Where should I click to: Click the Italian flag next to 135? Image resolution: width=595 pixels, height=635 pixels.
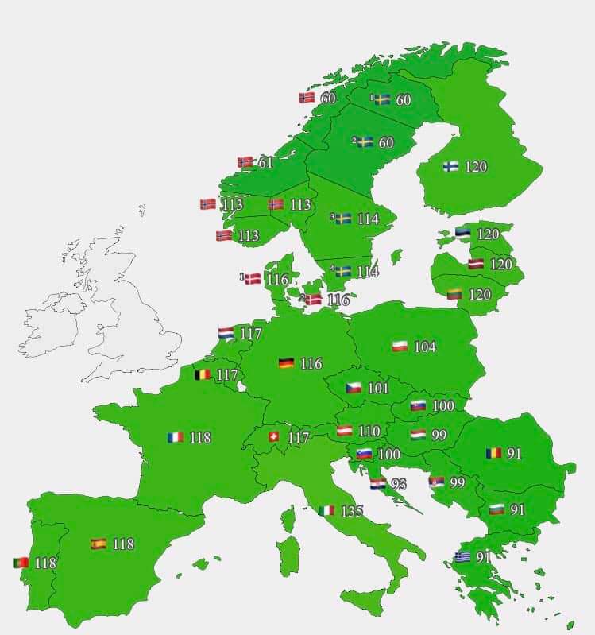[326, 510]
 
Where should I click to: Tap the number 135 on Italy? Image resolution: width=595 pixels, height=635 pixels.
[351, 510]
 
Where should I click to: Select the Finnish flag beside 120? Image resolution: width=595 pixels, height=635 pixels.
[450, 166]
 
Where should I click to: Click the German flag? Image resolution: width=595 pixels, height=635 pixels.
[286, 363]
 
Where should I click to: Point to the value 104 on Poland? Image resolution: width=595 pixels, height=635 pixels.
[425, 347]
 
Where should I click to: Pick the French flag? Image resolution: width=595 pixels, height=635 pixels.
[176, 437]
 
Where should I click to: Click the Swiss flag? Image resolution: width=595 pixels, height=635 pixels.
[274, 437]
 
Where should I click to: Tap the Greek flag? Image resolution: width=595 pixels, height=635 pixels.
[462, 557]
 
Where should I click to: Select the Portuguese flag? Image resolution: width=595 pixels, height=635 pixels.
[21, 563]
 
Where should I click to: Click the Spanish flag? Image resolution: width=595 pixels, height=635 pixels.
[99, 544]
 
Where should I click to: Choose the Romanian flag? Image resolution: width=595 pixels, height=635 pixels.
[494, 454]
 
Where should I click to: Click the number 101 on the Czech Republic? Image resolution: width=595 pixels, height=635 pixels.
[378, 388]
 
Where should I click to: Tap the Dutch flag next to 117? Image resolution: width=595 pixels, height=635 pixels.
[226, 335]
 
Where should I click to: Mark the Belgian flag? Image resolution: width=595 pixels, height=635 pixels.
[203, 374]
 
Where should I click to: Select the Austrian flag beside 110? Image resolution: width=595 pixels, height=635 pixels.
[345, 431]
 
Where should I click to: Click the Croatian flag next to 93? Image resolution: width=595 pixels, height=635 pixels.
[378, 484]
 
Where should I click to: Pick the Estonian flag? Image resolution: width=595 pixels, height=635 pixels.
[463, 234]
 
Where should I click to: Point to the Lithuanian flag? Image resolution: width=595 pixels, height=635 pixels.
[456, 294]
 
